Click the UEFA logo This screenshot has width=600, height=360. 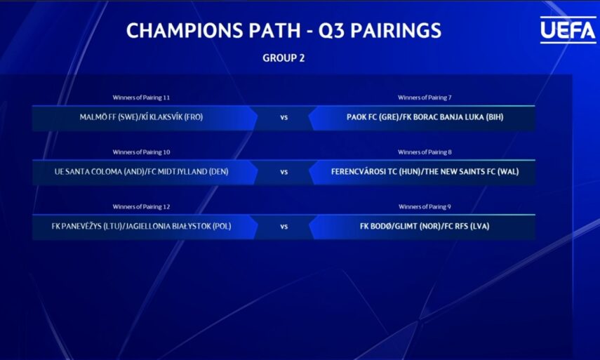(x=568, y=30)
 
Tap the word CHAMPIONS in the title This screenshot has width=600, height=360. (x=185, y=31)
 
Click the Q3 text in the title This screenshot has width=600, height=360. (x=331, y=31)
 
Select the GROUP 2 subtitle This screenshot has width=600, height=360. (x=284, y=58)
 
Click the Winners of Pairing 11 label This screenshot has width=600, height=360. (x=141, y=98)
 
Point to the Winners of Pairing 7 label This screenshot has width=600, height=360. (x=425, y=98)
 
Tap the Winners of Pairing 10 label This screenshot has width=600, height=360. (x=141, y=152)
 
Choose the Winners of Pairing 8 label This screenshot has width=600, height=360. (x=425, y=152)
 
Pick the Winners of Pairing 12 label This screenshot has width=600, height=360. (x=141, y=207)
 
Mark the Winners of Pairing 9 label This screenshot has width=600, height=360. (x=425, y=207)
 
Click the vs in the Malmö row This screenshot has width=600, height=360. (x=284, y=118)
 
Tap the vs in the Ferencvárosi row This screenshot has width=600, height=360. (x=284, y=173)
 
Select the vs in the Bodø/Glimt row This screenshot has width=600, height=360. (x=284, y=227)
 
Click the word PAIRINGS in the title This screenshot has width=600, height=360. (x=396, y=31)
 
